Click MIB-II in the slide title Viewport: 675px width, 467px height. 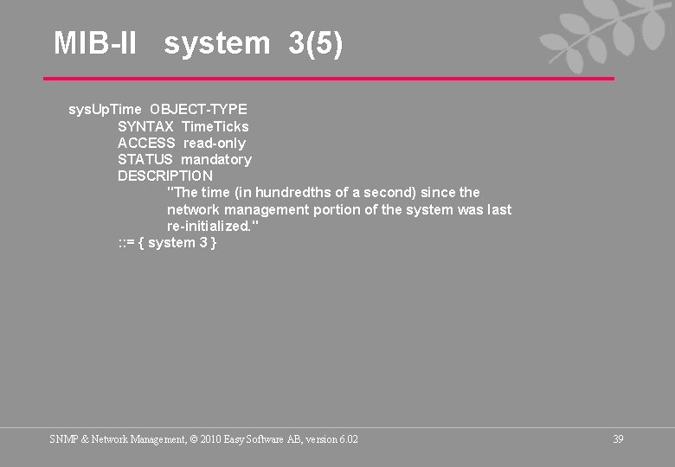click(95, 42)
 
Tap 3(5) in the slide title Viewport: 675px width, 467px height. click(316, 42)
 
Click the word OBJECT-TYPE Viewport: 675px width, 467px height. click(198, 110)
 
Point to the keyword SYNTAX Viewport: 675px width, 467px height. click(145, 126)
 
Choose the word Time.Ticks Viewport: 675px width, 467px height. click(215, 126)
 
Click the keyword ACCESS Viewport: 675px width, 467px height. click(146, 143)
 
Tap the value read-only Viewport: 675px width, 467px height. click(214, 143)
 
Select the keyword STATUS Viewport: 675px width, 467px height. click(145, 159)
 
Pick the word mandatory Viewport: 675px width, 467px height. click(216, 159)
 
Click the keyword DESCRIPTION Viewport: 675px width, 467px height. click(165, 176)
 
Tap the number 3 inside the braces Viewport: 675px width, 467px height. click(203, 243)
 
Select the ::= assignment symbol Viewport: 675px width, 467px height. click(126, 243)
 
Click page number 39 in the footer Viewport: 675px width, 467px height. click(618, 439)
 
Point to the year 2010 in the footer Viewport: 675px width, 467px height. click(209, 439)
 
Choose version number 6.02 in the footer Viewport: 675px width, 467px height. click(349, 439)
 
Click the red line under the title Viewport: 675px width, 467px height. click(329, 79)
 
